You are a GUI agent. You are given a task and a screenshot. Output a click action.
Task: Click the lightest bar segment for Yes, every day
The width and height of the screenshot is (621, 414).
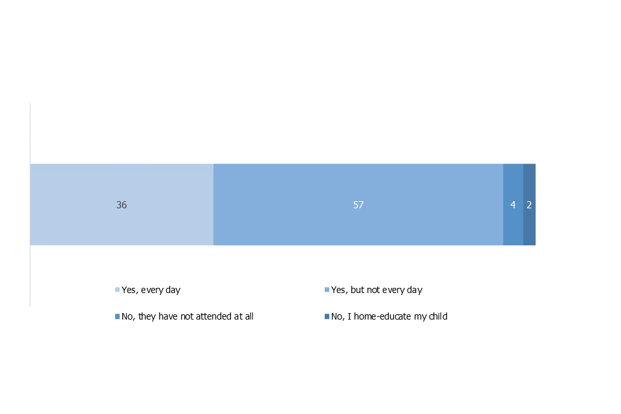122,204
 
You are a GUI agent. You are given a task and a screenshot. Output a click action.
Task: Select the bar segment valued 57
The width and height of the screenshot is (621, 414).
358,204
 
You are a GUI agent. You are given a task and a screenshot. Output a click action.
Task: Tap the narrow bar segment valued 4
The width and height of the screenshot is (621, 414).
513,204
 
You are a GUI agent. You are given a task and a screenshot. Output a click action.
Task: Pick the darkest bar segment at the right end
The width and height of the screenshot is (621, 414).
530,204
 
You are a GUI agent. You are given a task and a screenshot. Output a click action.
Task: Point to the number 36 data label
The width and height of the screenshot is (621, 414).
122,205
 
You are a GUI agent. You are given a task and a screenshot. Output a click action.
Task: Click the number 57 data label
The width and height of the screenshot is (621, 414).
358,205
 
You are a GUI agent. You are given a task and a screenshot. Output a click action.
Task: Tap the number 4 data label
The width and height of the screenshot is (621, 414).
513,205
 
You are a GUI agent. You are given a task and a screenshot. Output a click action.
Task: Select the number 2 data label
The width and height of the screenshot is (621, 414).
529,205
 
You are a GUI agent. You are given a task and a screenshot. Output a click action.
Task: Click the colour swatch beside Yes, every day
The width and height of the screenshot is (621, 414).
117,290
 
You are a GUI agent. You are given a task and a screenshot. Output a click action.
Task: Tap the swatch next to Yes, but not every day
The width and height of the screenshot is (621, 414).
327,290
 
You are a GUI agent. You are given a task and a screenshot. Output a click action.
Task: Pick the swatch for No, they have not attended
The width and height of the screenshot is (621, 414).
117,316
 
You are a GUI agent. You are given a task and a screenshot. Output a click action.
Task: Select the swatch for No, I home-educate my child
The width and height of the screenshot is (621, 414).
327,316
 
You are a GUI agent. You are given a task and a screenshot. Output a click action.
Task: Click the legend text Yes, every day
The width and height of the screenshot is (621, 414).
151,290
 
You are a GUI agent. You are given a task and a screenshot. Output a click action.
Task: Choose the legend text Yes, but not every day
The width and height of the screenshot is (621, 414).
376,290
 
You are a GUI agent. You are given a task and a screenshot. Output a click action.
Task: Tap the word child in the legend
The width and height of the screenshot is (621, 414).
438,316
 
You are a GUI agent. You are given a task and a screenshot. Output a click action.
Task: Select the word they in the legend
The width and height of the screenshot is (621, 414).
147,316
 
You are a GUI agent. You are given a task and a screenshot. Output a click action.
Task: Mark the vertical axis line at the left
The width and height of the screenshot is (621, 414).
30,204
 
